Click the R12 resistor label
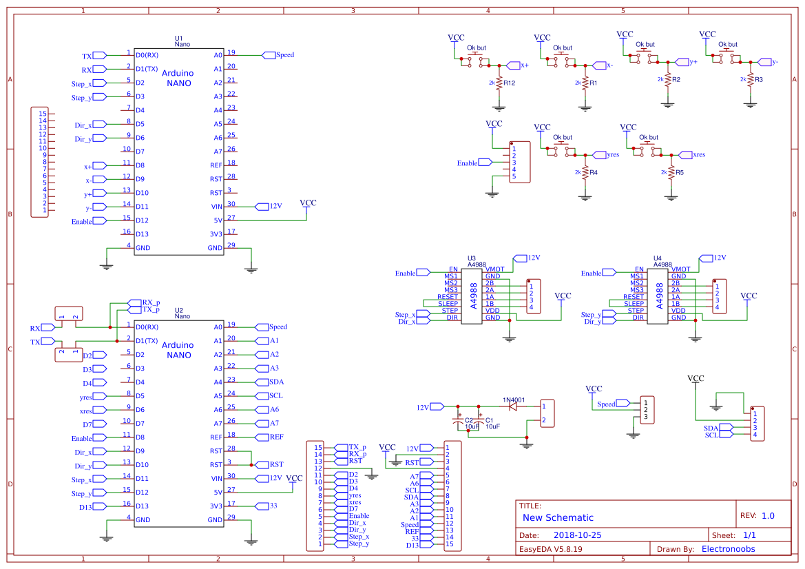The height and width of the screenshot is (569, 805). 510,83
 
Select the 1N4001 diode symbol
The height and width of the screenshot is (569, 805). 512,406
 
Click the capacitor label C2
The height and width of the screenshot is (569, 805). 468,420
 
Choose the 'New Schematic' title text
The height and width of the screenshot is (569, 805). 558,517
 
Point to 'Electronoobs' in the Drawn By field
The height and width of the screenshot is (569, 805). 728,549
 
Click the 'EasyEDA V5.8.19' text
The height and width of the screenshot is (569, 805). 550,549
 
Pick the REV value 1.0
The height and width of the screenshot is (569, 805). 768,516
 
